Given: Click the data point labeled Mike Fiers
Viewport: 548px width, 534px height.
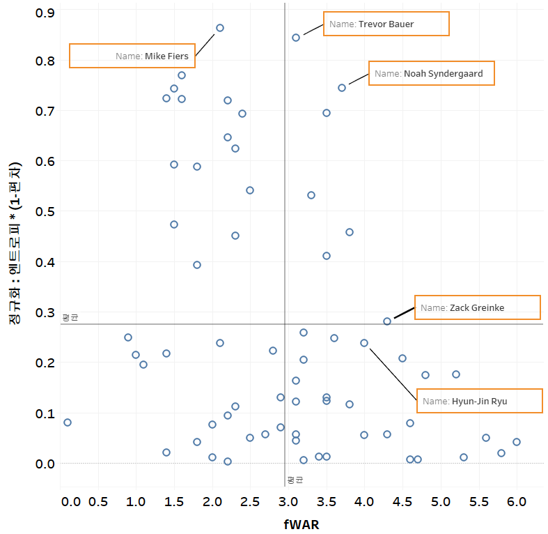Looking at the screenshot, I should tap(220, 28).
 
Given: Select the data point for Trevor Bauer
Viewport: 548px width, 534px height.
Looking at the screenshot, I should tap(296, 38).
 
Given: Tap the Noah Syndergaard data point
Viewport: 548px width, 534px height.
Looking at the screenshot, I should tap(342, 88).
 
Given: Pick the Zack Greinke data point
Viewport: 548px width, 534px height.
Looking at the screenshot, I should tap(387, 321).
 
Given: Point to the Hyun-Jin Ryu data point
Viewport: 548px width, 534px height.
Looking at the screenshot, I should tap(364, 343).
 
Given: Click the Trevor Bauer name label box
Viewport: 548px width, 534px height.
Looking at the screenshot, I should tap(386, 24).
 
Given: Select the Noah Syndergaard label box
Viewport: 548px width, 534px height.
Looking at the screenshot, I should tap(431, 73).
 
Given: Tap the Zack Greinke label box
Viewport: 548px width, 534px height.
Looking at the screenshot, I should tap(477, 307).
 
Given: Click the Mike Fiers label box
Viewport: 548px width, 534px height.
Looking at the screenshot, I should tap(132, 56).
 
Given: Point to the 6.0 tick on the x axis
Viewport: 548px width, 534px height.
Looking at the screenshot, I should tap(517, 502).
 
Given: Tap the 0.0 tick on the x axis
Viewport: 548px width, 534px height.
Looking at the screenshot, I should tap(70, 502).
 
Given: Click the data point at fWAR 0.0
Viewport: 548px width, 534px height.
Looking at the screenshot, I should tap(68, 422).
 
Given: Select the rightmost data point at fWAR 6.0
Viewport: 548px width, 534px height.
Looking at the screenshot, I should tap(517, 442).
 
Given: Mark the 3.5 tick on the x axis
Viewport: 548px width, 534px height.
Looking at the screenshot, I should tap(327, 502).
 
